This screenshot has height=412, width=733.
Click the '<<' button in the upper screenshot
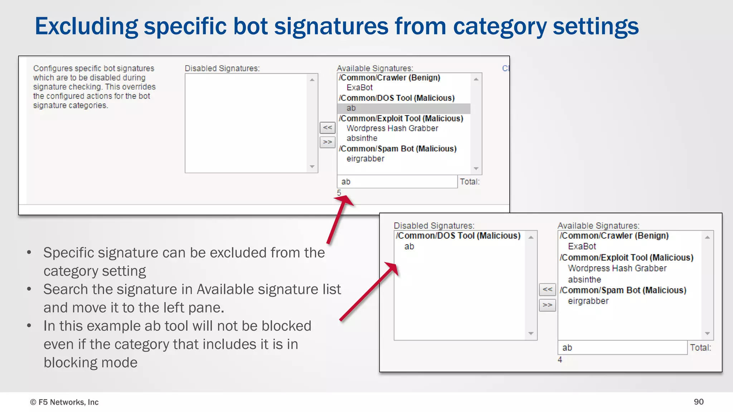[x=327, y=127]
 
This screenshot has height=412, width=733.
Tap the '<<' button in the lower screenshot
[x=547, y=289]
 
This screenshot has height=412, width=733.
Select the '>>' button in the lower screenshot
[x=547, y=305]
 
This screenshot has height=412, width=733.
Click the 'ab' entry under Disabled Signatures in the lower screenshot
[x=409, y=246]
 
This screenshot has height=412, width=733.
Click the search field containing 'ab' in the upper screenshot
[x=397, y=182]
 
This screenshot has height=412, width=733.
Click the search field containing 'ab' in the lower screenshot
[x=622, y=348]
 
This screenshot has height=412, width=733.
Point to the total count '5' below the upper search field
[x=339, y=193]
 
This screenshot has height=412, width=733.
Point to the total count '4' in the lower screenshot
[x=560, y=360]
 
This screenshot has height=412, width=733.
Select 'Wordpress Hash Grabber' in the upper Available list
[x=392, y=128]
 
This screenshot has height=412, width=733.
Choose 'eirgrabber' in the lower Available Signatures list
[x=588, y=301]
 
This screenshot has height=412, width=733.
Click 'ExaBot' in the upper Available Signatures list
[x=359, y=88]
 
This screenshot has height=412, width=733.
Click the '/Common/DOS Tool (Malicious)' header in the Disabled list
[x=458, y=236]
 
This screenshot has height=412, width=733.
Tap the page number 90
[x=698, y=402]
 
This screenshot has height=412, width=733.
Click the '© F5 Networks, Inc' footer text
[x=64, y=402]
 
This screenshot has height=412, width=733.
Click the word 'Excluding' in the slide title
[x=86, y=26]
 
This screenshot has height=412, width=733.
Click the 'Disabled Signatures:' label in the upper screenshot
[x=222, y=68]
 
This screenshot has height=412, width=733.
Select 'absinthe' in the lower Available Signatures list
[x=584, y=280]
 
